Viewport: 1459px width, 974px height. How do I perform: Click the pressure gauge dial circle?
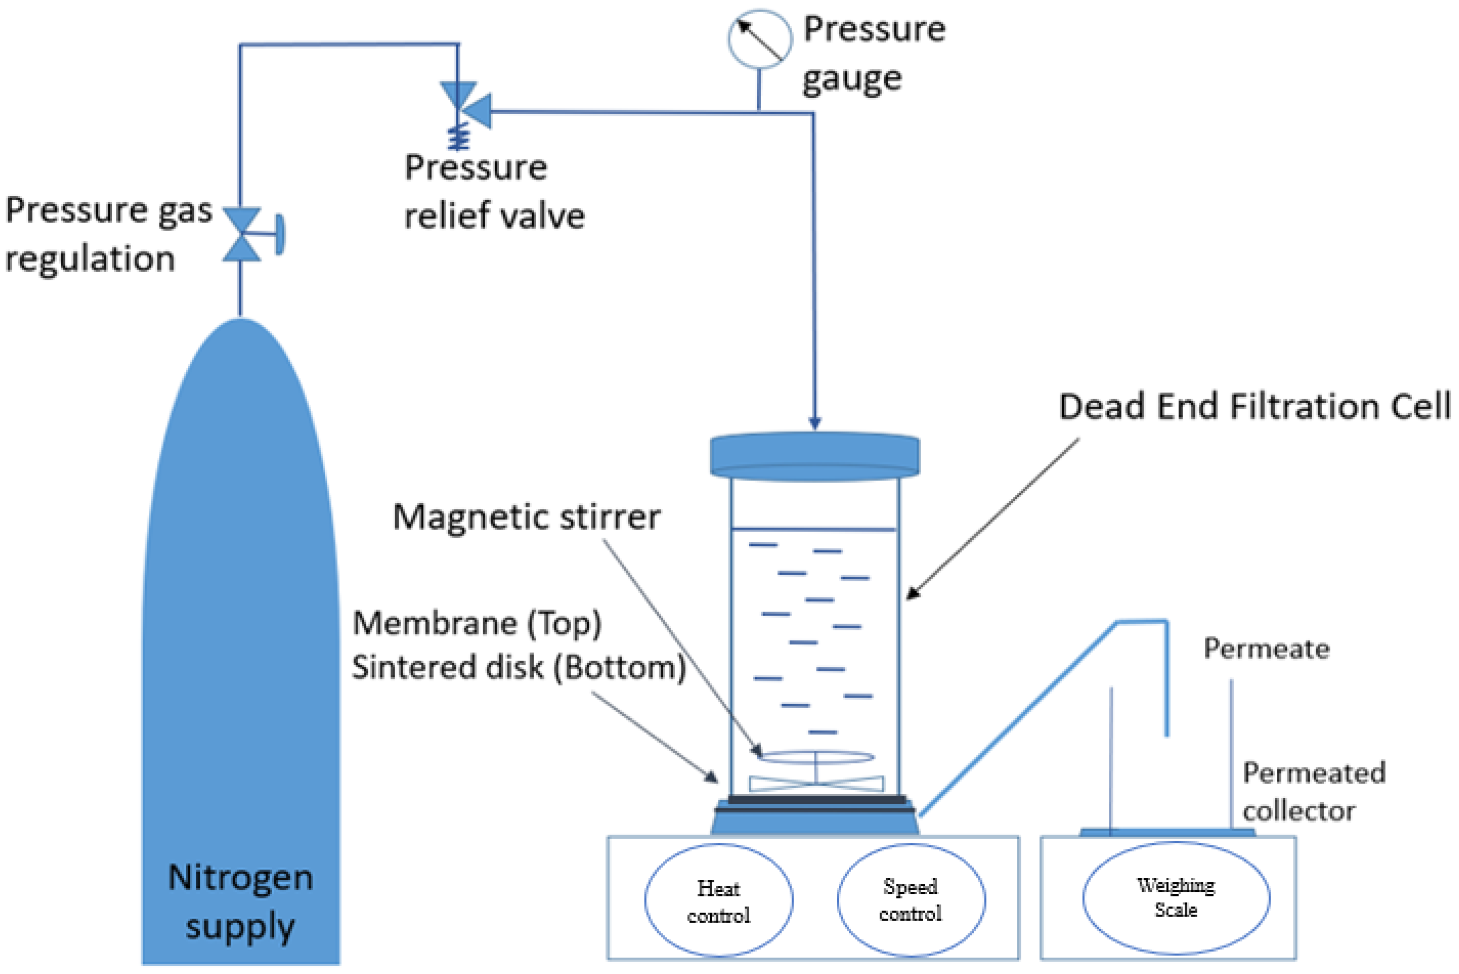coord(760,39)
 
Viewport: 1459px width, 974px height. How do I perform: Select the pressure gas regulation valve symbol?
coord(241,234)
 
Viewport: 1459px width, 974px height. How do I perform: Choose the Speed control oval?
coord(910,899)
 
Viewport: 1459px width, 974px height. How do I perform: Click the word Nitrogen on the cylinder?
coord(240,878)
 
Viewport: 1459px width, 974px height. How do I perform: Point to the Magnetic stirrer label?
coord(526,517)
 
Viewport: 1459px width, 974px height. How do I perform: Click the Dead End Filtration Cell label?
coord(1254,407)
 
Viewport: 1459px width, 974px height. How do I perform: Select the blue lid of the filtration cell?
coord(814,456)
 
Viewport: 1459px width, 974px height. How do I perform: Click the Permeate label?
coord(1267,648)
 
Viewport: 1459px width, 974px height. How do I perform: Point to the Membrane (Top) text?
coord(477,623)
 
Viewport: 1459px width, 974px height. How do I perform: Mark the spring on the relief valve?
coord(459,137)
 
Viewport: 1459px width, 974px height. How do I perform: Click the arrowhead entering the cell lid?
coord(815,423)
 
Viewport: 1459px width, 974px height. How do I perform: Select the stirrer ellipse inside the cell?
coord(816,756)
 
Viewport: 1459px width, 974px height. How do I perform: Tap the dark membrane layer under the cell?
coord(816,800)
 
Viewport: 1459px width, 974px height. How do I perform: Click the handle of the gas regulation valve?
coord(279,234)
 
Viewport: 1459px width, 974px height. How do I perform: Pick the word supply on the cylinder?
coord(240,926)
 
